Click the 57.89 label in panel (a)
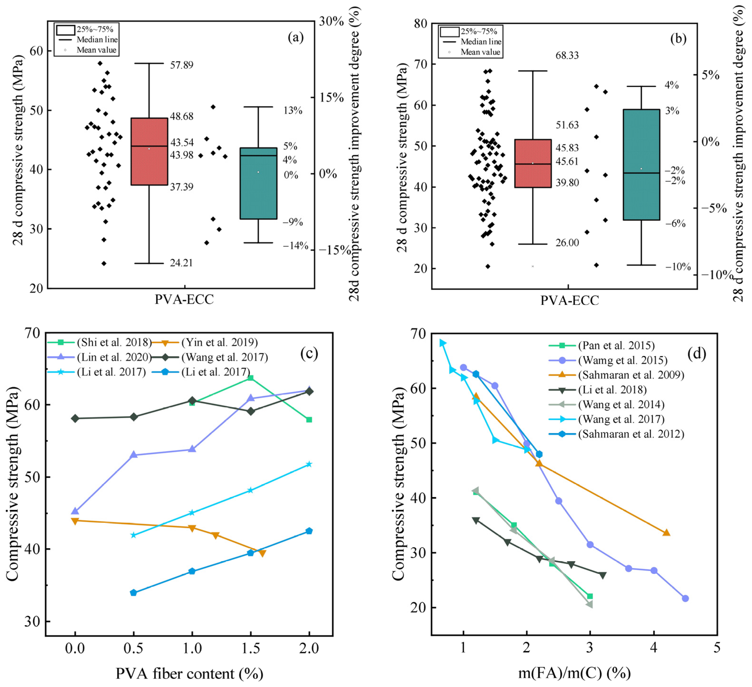click(182, 65)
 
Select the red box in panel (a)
click(149, 151)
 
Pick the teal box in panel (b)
click(641, 164)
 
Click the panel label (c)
click(309, 353)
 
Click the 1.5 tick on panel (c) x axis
click(251, 648)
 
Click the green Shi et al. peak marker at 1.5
click(251, 378)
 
